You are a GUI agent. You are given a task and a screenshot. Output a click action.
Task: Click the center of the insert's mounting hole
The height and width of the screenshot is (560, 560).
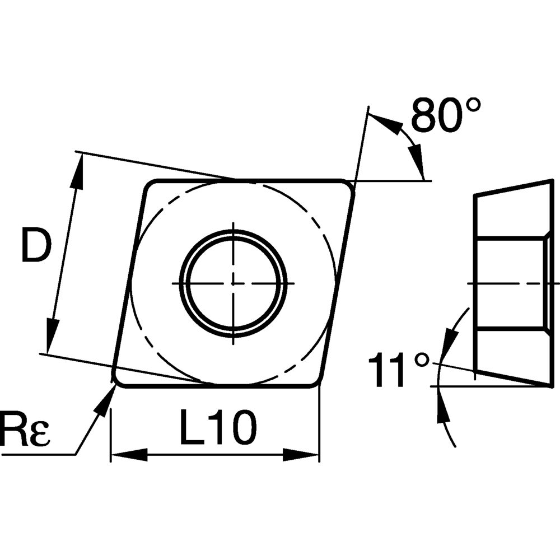233,283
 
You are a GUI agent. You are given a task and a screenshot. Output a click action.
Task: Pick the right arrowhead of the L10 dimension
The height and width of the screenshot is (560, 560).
301,455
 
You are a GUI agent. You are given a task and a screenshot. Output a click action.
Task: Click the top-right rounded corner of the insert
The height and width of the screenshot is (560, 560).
349,187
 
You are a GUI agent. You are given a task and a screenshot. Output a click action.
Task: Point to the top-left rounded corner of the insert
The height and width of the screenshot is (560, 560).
149,186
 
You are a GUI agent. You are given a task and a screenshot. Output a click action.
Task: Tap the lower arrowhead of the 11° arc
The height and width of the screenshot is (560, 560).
443,406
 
